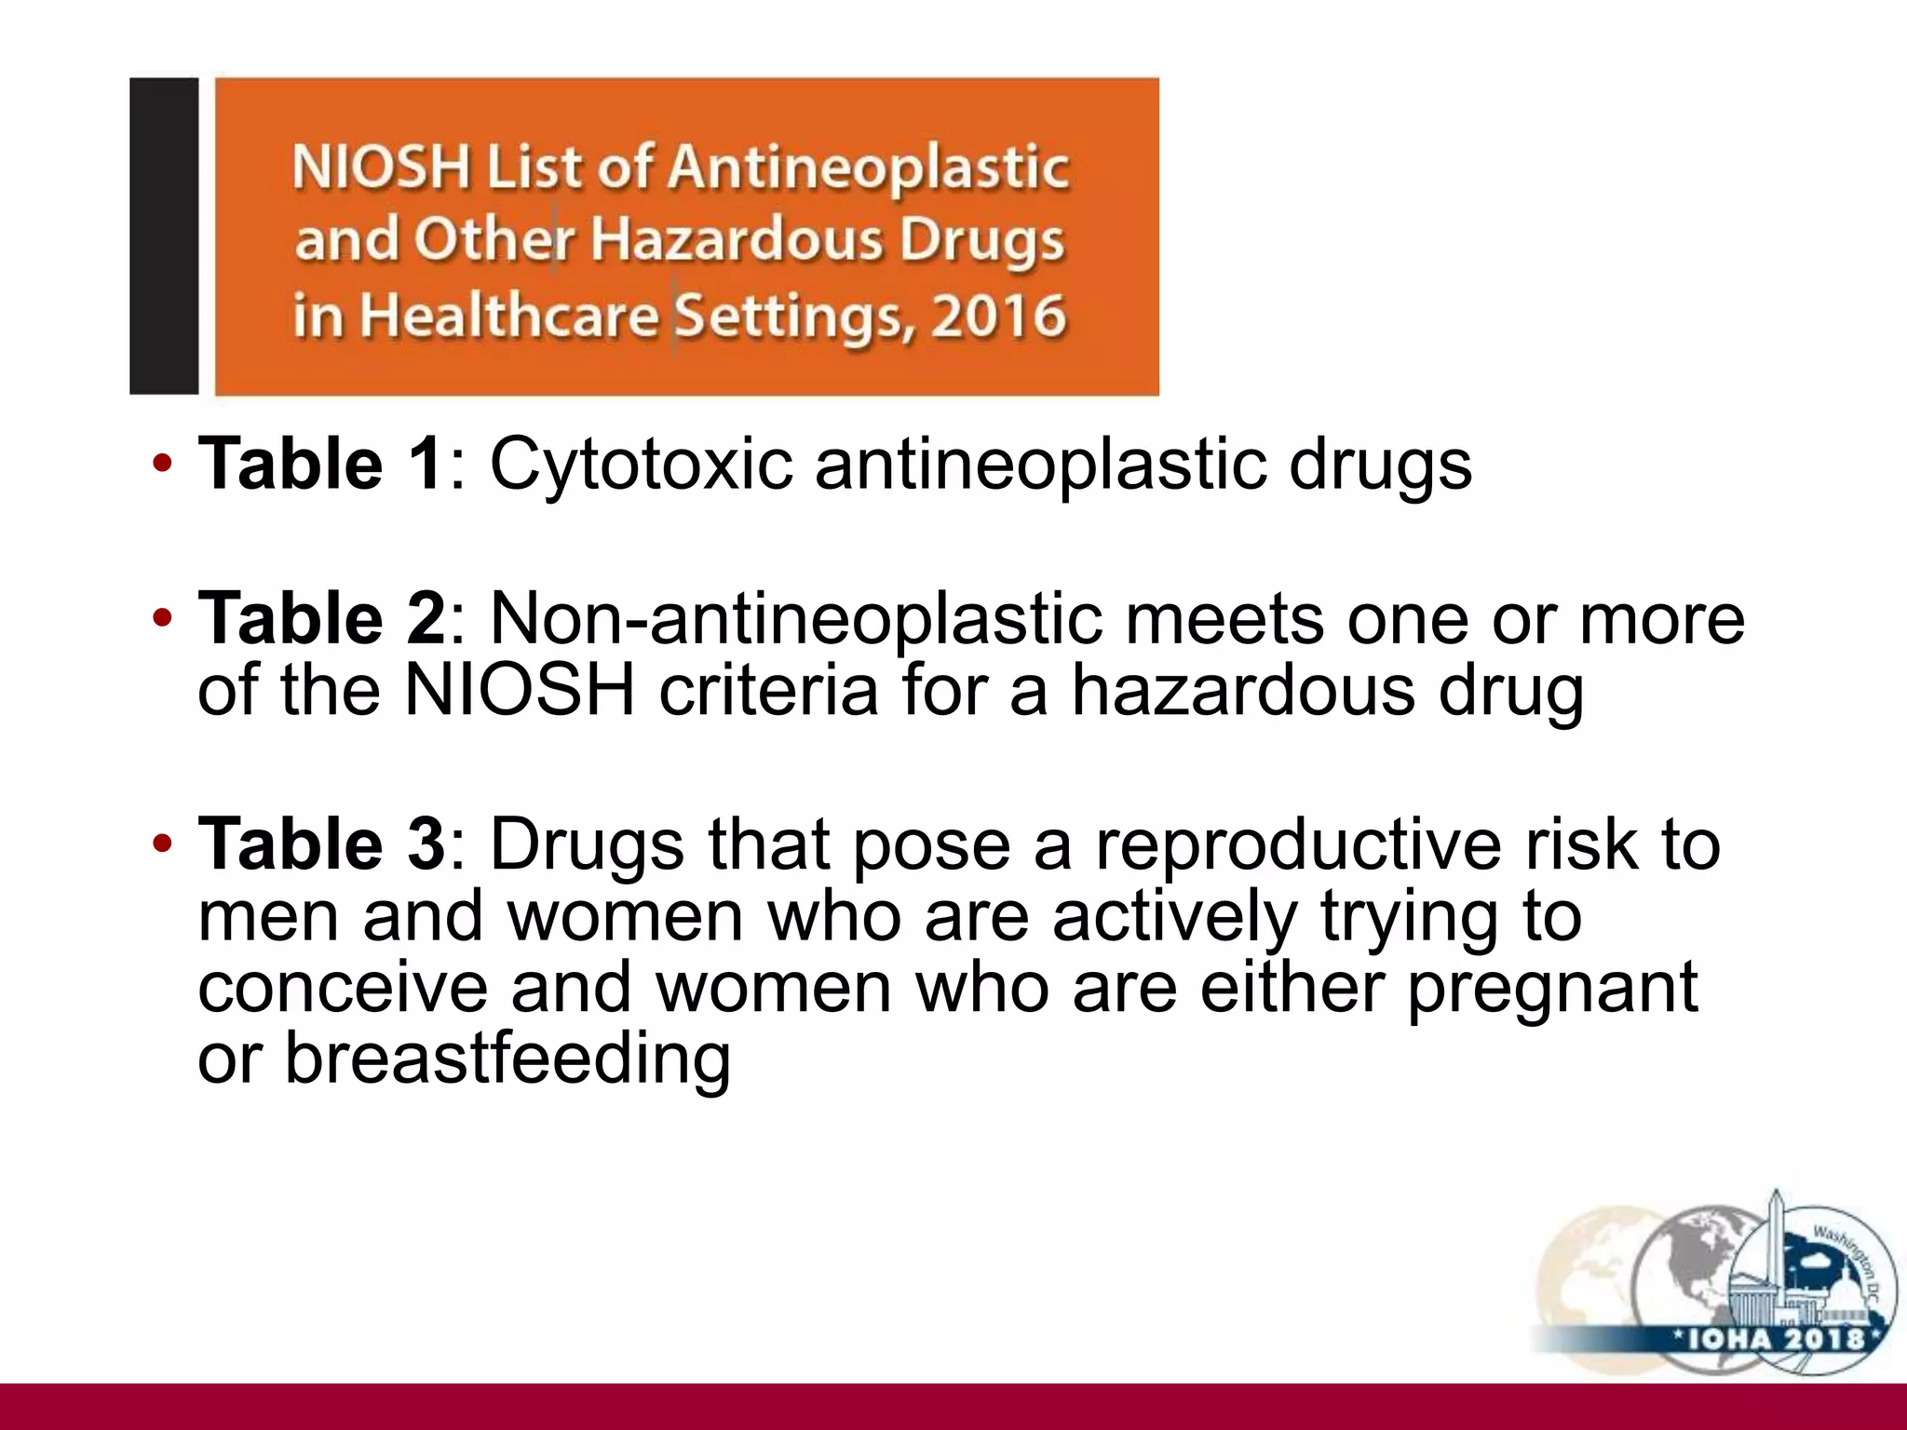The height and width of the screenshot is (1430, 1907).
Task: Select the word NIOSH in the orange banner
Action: (381, 169)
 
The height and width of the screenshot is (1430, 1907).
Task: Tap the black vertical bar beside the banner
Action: (164, 236)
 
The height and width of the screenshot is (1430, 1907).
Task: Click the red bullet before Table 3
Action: (163, 844)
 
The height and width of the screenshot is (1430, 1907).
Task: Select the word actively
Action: (1174, 916)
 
